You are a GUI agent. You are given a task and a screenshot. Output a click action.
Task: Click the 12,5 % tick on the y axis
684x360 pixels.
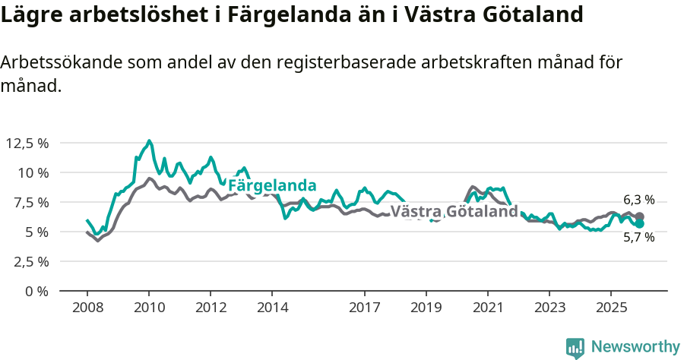coord(27,143)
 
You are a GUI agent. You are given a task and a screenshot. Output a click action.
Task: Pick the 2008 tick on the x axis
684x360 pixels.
coord(87,308)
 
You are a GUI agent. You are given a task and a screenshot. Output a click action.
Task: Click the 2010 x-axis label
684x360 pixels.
coord(149,308)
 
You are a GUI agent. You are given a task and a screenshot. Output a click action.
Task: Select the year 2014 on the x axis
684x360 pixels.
coord(272,308)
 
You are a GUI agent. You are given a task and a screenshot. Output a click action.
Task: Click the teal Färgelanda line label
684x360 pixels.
coord(272,185)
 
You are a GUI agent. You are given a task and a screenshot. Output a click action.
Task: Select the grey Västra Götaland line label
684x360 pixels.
coord(454,212)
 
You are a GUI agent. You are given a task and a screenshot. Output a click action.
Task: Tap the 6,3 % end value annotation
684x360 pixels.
coord(638,200)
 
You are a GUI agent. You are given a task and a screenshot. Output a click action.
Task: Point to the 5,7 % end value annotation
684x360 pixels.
coord(638,237)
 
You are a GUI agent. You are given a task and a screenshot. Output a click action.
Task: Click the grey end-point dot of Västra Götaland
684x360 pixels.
coord(640,216)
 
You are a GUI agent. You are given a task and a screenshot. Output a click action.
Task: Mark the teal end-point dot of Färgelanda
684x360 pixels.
coord(640,224)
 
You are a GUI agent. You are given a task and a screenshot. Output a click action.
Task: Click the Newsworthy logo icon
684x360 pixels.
coord(575,348)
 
